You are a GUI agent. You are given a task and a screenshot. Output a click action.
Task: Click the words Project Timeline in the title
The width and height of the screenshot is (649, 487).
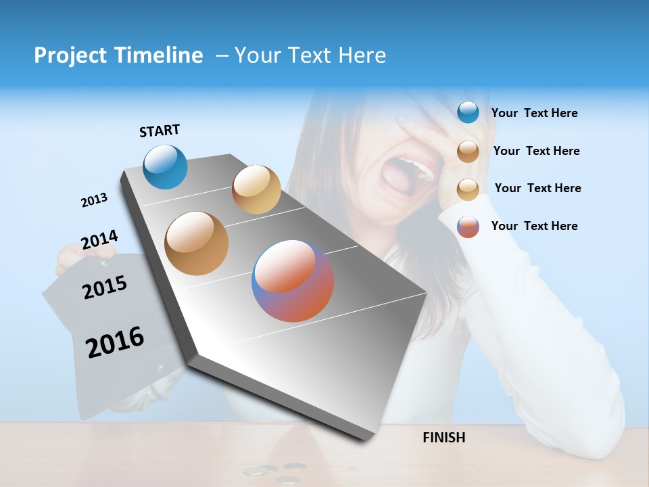tap(118, 55)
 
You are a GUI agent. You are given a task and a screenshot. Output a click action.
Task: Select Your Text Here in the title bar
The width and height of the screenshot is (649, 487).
tap(310, 55)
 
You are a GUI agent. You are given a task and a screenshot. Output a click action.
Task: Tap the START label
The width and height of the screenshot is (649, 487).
tap(160, 131)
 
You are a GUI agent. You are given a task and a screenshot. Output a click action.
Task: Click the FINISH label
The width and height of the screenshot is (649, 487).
tap(443, 438)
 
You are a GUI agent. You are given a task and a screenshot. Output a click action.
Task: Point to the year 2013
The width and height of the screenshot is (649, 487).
tap(94, 200)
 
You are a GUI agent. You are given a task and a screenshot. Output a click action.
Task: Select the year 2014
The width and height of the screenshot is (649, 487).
tap(99, 239)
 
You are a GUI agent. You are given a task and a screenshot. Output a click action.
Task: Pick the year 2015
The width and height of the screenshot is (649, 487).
tap(105, 287)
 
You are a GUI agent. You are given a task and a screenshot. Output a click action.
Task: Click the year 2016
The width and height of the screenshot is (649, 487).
tap(115, 342)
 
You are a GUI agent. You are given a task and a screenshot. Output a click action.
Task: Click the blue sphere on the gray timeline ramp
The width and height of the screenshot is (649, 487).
tap(166, 166)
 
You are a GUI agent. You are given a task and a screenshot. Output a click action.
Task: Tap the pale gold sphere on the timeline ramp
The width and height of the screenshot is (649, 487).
tap(256, 189)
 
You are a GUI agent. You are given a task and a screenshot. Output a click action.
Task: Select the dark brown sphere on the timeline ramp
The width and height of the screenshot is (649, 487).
tap(197, 243)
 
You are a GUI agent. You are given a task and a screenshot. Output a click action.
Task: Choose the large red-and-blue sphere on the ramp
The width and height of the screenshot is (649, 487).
tap(293, 281)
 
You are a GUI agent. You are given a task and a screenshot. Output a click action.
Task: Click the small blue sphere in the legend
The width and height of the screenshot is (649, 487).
tap(468, 113)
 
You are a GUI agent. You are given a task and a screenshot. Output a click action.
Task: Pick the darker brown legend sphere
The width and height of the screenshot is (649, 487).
tap(468, 151)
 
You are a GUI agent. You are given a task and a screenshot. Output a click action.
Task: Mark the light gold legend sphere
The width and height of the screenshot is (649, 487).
tap(468, 189)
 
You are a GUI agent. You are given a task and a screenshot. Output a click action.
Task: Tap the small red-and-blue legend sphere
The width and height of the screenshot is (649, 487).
tap(468, 227)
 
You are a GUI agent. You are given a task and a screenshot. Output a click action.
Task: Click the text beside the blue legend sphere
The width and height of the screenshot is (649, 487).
tap(534, 114)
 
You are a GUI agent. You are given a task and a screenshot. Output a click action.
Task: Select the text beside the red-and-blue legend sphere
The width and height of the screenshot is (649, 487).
tap(534, 226)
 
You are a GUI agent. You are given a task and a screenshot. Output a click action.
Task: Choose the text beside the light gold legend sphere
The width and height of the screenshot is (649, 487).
tap(537, 188)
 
